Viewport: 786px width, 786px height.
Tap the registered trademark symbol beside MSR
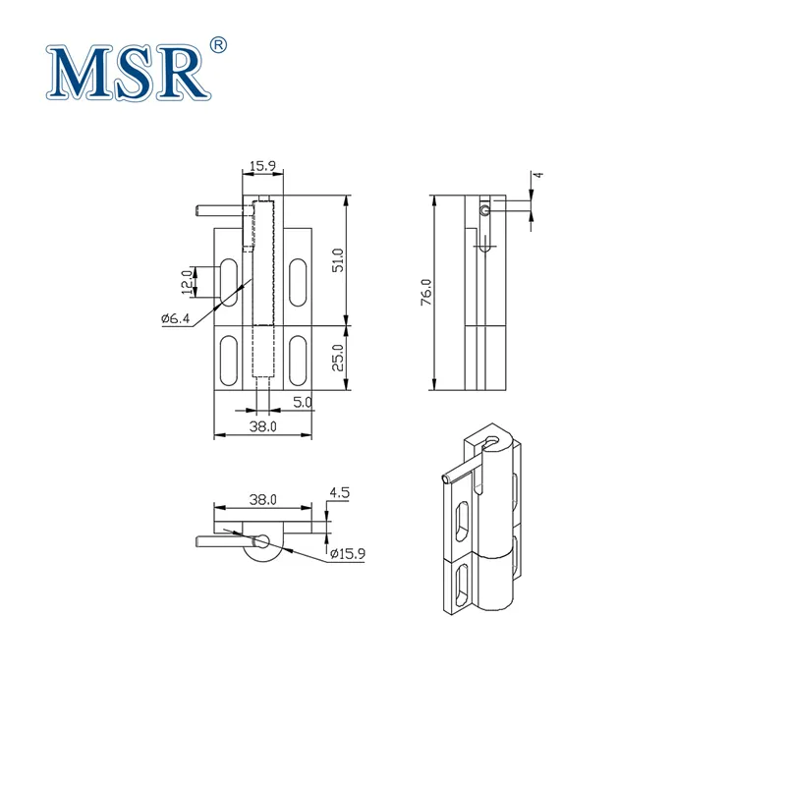(x=219, y=44)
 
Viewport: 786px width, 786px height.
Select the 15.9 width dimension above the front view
(x=261, y=167)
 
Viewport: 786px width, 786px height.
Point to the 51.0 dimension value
(x=338, y=260)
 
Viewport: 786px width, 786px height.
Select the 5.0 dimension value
(x=303, y=402)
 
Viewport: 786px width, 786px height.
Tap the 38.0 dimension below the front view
(x=262, y=426)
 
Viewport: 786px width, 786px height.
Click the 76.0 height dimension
(x=424, y=293)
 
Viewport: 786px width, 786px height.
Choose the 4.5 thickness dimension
(x=340, y=493)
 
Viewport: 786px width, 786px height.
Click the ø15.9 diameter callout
(x=347, y=554)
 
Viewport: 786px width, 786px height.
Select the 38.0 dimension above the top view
(x=262, y=499)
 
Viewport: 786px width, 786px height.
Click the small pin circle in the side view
(x=485, y=210)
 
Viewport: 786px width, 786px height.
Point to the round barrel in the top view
(x=261, y=554)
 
